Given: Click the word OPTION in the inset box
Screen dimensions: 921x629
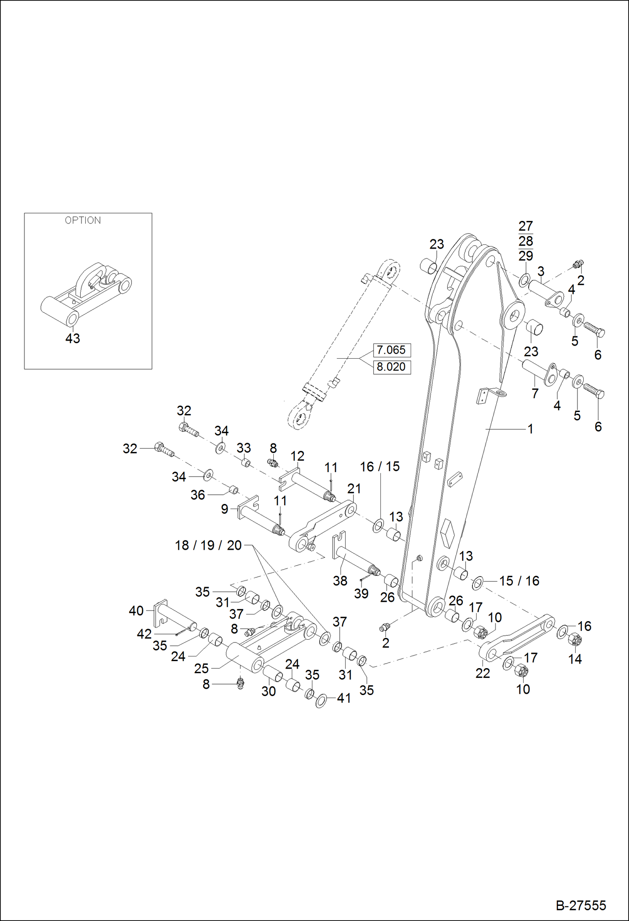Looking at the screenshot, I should pyautogui.click(x=83, y=220).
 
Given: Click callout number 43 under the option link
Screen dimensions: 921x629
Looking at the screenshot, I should pyautogui.click(x=73, y=338).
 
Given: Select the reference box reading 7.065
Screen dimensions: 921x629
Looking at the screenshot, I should pyautogui.click(x=391, y=350).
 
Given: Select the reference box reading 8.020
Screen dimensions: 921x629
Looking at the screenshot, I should pyautogui.click(x=391, y=367).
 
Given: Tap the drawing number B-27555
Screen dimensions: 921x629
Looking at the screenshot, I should pyautogui.click(x=581, y=905).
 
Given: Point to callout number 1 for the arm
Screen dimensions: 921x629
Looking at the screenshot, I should pyautogui.click(x=530, y=429).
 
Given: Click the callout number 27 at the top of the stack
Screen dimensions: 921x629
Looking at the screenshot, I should pyautogui.click(x=526, y=226).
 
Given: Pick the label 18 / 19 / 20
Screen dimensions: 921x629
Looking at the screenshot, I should pyautogui.click(x=208, y=545).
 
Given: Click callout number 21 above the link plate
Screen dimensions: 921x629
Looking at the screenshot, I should pyautogui.click(x=354, y=488).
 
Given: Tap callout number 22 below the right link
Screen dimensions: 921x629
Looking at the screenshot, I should pyautogui.click(x=483, y=673).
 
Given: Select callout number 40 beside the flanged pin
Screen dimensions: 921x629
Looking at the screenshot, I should pyautogui.click(x=136, y=611).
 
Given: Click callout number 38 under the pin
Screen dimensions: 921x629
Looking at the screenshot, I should pyautogui.click(x=340, y=581).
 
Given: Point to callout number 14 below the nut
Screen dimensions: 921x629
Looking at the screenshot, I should pyautogui.click(x=575, y=659).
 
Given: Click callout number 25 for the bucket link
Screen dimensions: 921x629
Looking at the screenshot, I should pyautogui.click(x=202, y=669).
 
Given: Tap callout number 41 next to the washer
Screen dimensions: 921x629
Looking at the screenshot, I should pyautogui.click(x=344, y=698).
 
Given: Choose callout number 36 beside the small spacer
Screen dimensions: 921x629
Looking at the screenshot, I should pyautogui.click(x=198, y=495).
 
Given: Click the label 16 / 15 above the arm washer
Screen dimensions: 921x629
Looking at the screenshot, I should pyautogui.click(x=380, y=467).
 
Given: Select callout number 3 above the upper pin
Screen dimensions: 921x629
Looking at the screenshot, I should pyautogui.click(x=541, y=271).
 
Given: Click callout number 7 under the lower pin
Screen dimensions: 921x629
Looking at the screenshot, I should pyautogui.click(x=535, y=394).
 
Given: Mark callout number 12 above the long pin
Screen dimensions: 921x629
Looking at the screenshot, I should pyautogui.click(x=297, y=456).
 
